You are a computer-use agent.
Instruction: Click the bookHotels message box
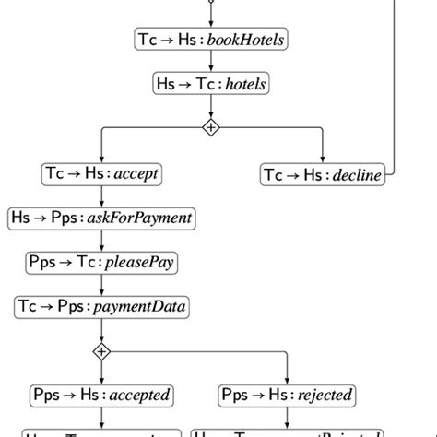point(211,40)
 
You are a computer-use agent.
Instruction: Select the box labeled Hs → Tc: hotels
point(211,84)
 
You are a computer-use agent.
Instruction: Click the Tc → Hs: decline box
point(322,173)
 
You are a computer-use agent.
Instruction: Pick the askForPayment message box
point(101,218)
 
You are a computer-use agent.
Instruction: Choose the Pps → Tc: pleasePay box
point(101,262)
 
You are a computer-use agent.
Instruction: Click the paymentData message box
point(101,306)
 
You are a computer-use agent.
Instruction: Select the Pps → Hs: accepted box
point(101,395)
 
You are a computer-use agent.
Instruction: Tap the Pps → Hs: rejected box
point(288,395)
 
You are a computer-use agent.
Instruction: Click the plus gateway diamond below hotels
point(211,128)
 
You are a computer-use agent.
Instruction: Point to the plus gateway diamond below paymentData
point(101,350)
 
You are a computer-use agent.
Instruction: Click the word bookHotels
point(248,40)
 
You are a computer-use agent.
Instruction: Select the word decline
point(356,174)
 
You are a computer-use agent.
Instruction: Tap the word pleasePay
point(139,262)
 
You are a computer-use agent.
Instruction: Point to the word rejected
point(325,395)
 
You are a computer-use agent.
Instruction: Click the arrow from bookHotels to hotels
point(211,62)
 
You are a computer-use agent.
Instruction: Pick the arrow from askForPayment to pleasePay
point(101,240)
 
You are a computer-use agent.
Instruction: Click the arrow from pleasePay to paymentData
point(101,284)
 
